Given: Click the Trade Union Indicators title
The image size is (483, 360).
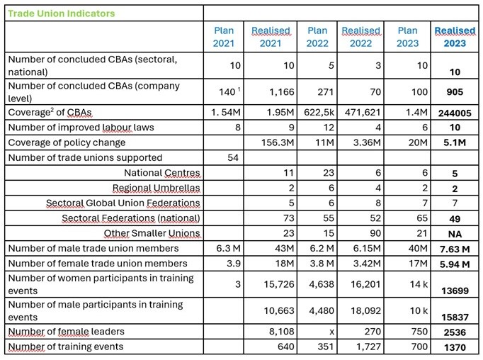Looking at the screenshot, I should tap(61, 13).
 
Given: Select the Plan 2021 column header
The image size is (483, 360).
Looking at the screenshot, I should tap(223, 37).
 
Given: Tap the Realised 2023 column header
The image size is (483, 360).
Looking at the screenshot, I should tap(454, 37).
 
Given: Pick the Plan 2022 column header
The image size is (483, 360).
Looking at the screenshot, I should tap(317, 37).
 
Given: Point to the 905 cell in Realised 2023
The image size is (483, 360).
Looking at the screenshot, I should tap(454, 92).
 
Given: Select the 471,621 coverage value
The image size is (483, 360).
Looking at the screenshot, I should tap(362, 113).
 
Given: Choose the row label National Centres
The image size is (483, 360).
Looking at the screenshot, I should tap(162, 173).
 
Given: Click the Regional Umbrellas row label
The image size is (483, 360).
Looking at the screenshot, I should tap(157, 188).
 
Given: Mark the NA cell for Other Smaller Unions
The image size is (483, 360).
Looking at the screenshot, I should tap(454, 234).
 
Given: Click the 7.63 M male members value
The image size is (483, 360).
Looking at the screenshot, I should tap(454, 249).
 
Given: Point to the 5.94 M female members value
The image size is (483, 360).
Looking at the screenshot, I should tap(454, 264).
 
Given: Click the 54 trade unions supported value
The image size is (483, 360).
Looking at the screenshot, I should tap(234, 157).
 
